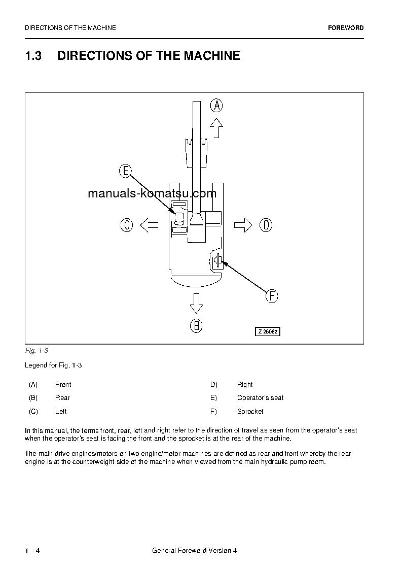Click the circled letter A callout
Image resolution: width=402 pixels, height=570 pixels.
tap(216, 106)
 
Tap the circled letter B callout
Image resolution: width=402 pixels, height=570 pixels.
tap(196, 325)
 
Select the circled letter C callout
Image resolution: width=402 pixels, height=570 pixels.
tap(127, 225)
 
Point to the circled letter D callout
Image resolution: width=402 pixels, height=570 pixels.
tap(266, 225)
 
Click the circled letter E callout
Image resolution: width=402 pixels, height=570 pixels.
tap(126, 171)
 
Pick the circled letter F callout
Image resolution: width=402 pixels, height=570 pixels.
tap(272, 296)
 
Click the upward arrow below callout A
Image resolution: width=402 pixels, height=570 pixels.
tap(216, 128)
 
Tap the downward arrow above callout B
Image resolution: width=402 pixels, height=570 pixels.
tap(196, 304)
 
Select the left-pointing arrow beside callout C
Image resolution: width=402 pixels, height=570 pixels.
tap(149, 225)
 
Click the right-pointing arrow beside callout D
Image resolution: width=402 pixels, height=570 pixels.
tap(243, 225)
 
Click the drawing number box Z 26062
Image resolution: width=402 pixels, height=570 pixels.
tap(267, 331)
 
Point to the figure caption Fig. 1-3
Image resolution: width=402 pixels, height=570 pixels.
tap(36, 351)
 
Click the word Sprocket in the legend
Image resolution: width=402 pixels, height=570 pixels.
tap(250, 412)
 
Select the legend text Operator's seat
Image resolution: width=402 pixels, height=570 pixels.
tap(260, 398)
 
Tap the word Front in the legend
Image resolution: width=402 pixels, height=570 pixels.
tap(63, 385)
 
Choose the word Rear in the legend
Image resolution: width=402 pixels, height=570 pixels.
tap(62, 398)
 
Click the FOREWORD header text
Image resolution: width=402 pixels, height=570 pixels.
tap(346, 28)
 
